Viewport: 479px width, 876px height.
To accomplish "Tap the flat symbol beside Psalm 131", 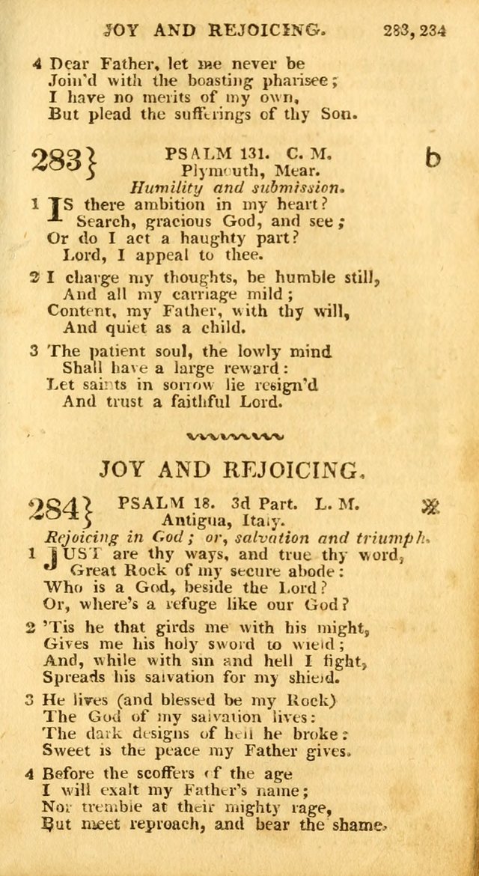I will tap(432, 159).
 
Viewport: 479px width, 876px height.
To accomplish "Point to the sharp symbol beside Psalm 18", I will tap(429, 508).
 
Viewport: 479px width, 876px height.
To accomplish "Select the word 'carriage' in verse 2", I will tap(217, 293).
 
